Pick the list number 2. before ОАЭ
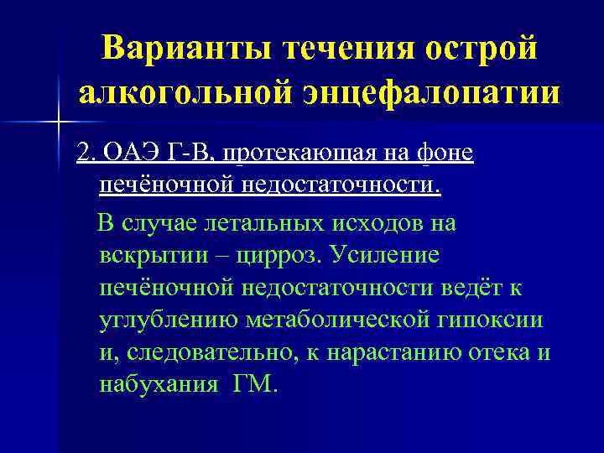[85, 154]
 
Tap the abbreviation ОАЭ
[125, 154]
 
